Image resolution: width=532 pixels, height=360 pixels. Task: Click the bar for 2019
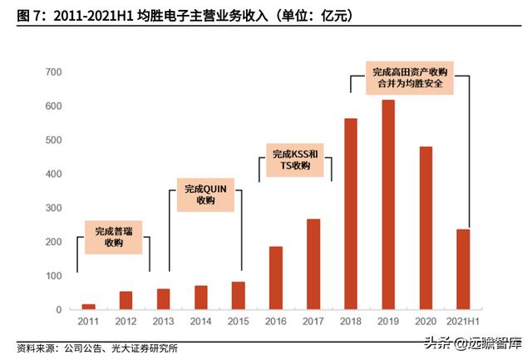(x=388, y=205)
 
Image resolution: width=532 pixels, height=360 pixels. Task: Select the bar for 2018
(x=350, y=214)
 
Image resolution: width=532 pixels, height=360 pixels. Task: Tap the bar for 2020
(x=426, y=228)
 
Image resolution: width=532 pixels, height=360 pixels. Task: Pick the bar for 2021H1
(x=463, y=269)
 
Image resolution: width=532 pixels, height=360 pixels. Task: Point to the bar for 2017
(x=313, y=264)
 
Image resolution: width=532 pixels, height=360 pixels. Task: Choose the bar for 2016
(x=275, y=278)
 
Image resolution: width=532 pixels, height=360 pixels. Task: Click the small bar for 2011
(x=88, y=307)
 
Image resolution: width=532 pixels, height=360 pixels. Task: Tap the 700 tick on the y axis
(x=53, y=72)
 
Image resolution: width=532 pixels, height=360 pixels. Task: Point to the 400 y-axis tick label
(x=53, y=174)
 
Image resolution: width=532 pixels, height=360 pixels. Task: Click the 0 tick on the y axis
(x=58, y=309)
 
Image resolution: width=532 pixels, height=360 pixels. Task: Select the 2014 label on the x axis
(x=200, y=321)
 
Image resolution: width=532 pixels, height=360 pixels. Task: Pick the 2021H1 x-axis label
(x=463, y=321)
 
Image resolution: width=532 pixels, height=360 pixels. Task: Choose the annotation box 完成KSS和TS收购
(x=295, y=160)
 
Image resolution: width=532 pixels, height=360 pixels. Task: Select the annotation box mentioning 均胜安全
(x=409, y=79)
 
